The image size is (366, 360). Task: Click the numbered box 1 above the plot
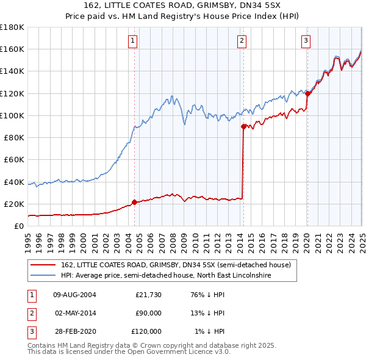point(133,41)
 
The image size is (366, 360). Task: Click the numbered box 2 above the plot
point(242,41)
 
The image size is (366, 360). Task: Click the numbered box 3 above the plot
point(306,41)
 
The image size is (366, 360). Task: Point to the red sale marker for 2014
point(243,127)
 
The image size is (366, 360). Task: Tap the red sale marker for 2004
point(135,202)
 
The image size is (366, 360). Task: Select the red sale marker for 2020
point(307,93)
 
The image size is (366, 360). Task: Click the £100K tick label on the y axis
point(12,115)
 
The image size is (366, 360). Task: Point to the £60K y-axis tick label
point(13,159)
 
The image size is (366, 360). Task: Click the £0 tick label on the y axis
point(18,226)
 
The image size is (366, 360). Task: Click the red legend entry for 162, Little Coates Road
point(178,265)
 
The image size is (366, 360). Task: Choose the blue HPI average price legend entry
point(165,276)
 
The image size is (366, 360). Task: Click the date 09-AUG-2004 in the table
point(75,295)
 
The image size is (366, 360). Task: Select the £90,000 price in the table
point(148,313)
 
